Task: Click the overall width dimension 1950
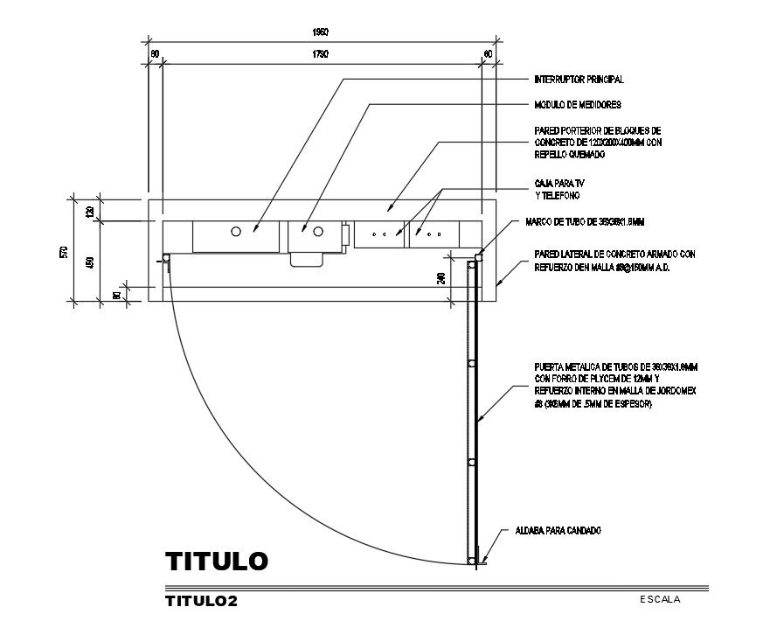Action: [x=321, y=32]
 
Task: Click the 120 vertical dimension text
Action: [x=88, y=211]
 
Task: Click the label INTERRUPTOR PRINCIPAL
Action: [x=579, y=80]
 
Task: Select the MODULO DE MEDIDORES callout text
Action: [x=577, y=105]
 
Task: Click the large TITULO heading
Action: [x=216, y=561]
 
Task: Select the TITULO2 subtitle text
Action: [x=201, y=602]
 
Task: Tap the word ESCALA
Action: [x=660, y=599]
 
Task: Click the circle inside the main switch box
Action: [x=236, y=232]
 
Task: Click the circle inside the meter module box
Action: [x=318, y=232]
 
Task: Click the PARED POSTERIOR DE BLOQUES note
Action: [x=600, y=141]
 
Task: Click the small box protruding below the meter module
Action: [x=307, y=258]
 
